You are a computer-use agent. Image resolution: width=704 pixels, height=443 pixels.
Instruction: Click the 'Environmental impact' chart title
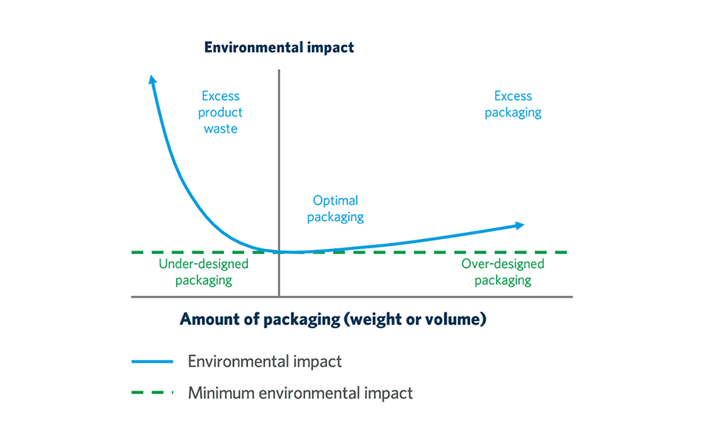(278, 48)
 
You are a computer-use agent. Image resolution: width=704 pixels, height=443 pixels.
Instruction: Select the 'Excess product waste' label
(221, 113)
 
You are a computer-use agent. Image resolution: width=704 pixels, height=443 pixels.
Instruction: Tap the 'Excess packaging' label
(513, 104)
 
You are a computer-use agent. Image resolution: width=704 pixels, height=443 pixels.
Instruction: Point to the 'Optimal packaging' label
(336, 209)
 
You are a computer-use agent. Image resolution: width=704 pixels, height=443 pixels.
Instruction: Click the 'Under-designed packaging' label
(203, 272)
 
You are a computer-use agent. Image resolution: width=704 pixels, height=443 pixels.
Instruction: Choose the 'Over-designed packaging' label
(503, 272)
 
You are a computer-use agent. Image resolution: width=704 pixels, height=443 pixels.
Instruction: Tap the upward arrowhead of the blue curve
(153, 79)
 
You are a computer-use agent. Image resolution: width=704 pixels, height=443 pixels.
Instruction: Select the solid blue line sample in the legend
(153, 362)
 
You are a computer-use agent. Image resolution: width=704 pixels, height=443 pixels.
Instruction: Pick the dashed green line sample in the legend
(153, 392)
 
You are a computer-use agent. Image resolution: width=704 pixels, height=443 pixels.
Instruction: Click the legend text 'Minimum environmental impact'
(300, 392)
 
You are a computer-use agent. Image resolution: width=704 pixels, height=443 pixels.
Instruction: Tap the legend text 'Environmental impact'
(264, 362)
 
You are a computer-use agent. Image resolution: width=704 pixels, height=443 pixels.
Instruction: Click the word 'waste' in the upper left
(221, 129)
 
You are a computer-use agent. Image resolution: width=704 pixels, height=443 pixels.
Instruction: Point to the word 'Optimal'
(336, 201)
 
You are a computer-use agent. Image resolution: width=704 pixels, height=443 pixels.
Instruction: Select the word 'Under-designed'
(203, 264)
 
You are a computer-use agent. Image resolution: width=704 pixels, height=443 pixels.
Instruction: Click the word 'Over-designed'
(503, 264)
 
